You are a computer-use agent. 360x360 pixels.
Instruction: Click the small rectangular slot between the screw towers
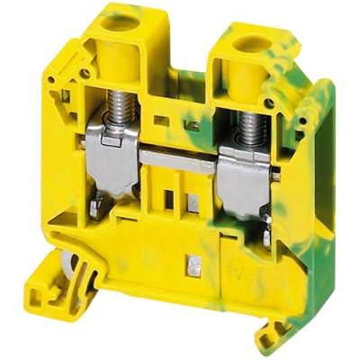click(162, 117)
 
